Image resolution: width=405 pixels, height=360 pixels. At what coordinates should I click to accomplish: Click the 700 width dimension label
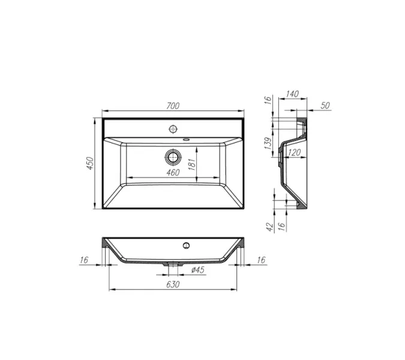[173, 106]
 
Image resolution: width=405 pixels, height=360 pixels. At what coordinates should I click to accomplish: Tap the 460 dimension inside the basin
[173, 173]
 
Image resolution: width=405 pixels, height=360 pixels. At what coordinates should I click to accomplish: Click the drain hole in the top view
[173, 157]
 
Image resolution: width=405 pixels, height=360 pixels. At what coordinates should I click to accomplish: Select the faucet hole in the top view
[173, 128]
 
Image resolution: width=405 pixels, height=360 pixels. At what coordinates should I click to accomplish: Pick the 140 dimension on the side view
[292, 95]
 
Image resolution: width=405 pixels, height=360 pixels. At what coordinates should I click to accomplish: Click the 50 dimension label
[325, 106]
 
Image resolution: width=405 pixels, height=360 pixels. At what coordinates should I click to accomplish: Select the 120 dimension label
[295, 154]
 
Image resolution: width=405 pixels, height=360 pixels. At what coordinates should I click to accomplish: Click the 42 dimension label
[270, 226]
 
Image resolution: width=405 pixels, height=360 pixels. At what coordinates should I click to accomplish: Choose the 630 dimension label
[173, 284]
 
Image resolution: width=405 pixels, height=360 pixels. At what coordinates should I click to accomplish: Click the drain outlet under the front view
[173, 263]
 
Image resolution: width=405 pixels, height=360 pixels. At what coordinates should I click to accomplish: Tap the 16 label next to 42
[281, 226]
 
